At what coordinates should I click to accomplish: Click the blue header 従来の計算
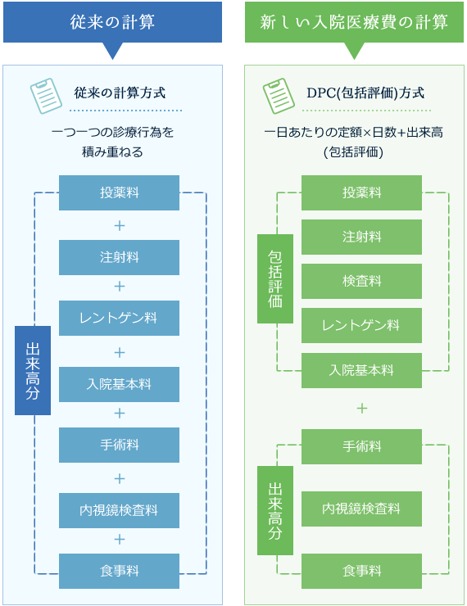click(x=112, y=22)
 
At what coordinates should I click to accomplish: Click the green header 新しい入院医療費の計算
click(x=354, y=22)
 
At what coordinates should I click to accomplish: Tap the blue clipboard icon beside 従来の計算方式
click(x=46, y=95)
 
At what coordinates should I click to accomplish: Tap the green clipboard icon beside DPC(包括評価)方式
click(x=278, y=95)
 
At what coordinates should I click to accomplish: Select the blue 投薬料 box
click(x=119, y=193)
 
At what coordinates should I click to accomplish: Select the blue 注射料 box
click(x=119, y=257)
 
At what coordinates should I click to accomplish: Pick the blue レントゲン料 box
click(x=119, y=318)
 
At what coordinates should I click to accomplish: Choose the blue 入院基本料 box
click(x=119, y=384)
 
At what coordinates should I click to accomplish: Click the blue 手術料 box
click(x=119, y=445)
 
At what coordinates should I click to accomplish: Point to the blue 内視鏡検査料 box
click(x=119, y=509)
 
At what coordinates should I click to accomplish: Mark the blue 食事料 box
click(x=119, y=571)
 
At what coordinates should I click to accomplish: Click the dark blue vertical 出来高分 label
click(x=33, y=370)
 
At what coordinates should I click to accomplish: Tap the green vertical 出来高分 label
click(x=274, y=509)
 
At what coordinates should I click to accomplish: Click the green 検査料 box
click(x=361, y=281)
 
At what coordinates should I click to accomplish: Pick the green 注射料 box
click(x=361, y=237)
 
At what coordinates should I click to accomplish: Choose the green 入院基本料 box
click(x=361, y=370)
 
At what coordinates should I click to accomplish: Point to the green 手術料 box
click(x=361, y=446)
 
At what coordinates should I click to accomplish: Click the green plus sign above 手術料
click(x=361, y=408)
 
